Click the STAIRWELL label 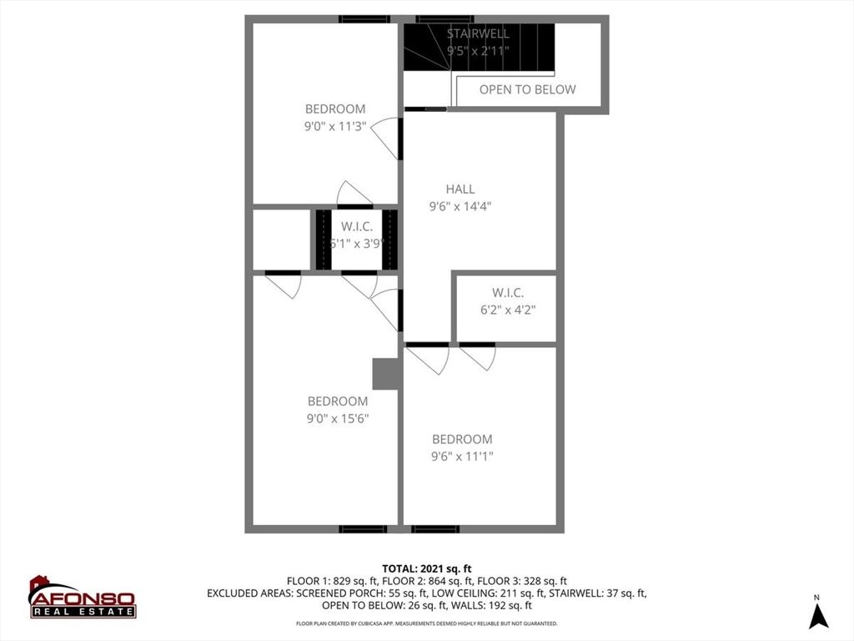(x=478, y=33)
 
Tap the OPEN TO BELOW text (x=527, y=89)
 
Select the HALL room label (x=460, y=189)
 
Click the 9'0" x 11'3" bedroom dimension (x=334, y=127)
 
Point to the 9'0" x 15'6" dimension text (x=338, y=419)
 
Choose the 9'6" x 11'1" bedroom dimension (x=462, y=457)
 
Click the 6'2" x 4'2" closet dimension (x=507, y=310)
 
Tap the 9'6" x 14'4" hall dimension (x=460, y=207)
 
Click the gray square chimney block (x=386, y=374)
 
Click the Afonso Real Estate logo (x=82, y=598)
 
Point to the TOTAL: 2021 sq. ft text (x=426, y=569)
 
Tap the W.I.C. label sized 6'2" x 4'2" (x=507, y=292)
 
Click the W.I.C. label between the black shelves (x=356, y=226)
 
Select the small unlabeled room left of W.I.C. (x=281, y=240)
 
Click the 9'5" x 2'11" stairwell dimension (x=478, y=51)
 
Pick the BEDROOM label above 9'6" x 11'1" (x=461, y=439)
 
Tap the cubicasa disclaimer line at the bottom (x=426, y=623)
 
